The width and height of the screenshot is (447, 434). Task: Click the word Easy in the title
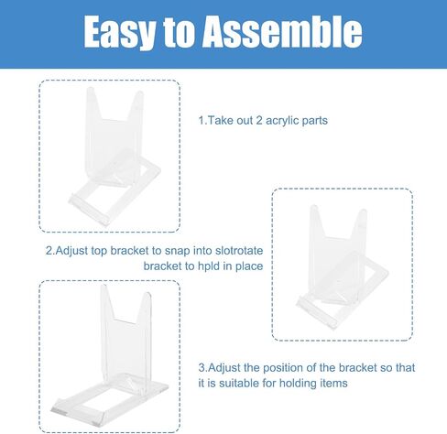coord(119,32)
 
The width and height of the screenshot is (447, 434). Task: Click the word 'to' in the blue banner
coord(179,31)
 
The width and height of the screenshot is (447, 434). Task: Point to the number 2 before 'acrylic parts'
coord(259,121)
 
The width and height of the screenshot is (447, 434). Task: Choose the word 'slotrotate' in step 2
coord(239,251)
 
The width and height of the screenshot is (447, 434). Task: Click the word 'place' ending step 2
coord(249,266)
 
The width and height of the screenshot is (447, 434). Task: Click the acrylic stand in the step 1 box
coord(114,157)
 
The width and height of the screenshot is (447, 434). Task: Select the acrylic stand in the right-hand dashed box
coord(342,266)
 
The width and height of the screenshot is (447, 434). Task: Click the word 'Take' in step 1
coord(220,121)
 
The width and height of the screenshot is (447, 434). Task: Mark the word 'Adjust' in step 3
coord(224,368)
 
